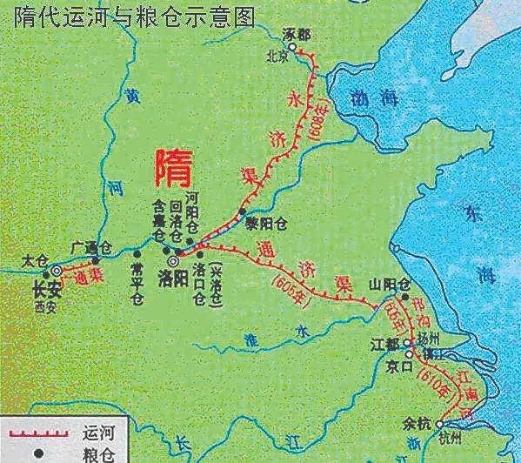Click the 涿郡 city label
[296, 36]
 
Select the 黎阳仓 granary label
[269, 223]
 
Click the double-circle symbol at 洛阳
[173, 260]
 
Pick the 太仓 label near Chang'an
[32, 258]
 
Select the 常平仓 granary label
[135, 285]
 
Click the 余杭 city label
[419, 423]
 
